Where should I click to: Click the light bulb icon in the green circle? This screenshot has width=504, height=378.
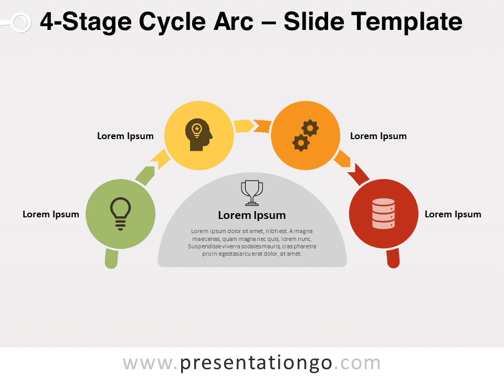pos(121,214)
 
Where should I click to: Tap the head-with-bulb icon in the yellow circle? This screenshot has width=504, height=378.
pos(198,135)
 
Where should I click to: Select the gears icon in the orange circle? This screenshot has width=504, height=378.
pos(306,135)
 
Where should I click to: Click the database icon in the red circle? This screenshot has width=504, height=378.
pos(383,214)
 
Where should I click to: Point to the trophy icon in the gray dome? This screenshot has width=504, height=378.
pos(252,193)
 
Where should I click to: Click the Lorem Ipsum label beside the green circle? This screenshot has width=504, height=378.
pos(51,214)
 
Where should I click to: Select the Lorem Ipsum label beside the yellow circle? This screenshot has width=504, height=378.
pos(125,136)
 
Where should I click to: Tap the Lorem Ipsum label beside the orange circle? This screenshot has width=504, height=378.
pos(379,136)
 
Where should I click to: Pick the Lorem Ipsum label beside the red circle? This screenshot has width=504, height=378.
pos(453,214)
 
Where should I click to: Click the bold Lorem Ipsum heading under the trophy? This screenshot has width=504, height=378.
pos(252,215)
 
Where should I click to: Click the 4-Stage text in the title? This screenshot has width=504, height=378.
pos(86,22)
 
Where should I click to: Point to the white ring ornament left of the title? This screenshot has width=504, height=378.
pos(21,23)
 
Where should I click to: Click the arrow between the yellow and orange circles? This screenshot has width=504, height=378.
pos(253,125)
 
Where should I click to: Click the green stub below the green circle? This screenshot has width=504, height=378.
pos(111,259)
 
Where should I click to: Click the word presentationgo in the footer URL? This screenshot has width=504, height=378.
pos(256,363)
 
